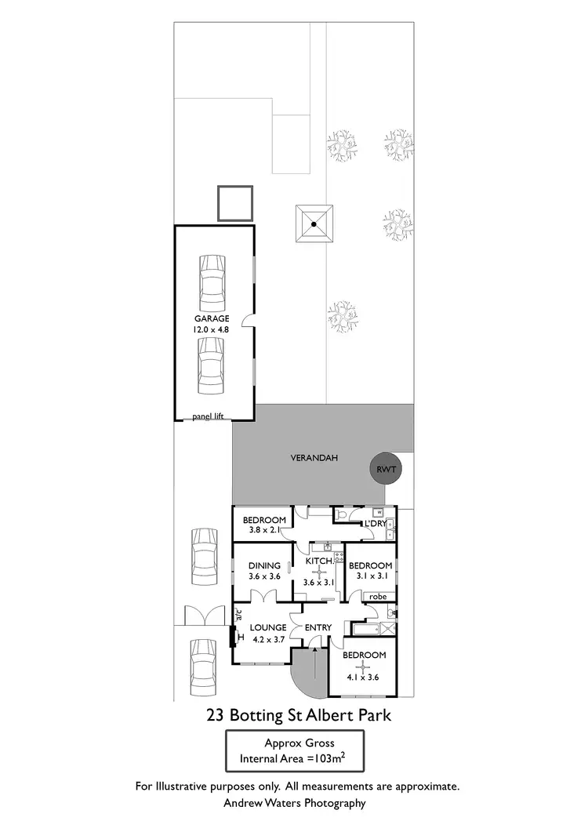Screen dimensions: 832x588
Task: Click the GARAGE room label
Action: coord(212,319)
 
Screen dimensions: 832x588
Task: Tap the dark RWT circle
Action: coord(385,470)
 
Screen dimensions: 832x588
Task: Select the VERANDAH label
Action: coord(314,459)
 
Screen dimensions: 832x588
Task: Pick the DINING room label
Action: coord(264,565)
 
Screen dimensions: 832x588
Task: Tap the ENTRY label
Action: coord(319,627)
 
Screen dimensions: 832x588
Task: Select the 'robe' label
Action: coord(379,596)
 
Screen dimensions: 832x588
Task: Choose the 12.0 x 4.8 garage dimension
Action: coord(212,330)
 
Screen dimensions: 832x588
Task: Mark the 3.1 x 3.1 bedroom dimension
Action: coord(370,576)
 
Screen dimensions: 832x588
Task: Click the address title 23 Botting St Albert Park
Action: coord(298,715)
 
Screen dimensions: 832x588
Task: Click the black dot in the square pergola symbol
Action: coord(314,224)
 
